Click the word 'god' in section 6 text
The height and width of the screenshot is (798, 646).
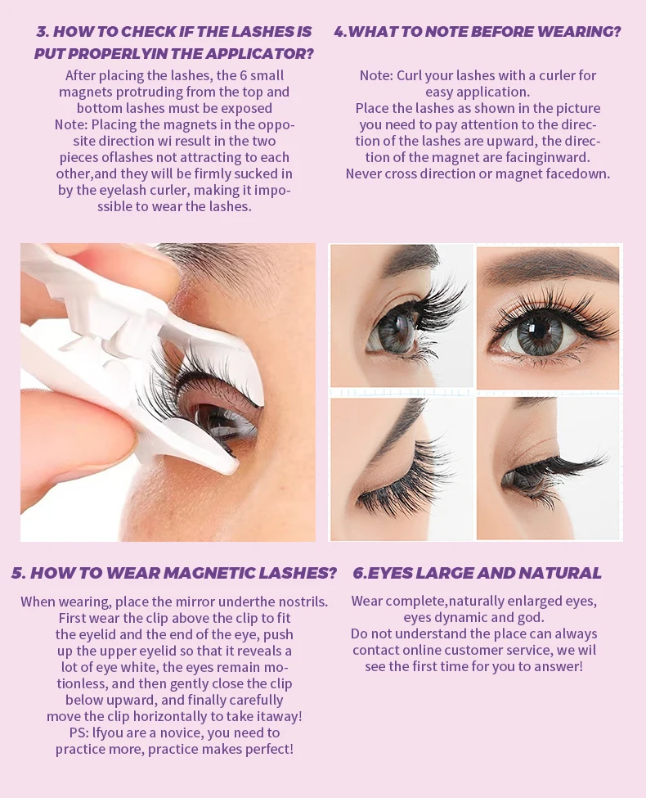click(x=532, y=618)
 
